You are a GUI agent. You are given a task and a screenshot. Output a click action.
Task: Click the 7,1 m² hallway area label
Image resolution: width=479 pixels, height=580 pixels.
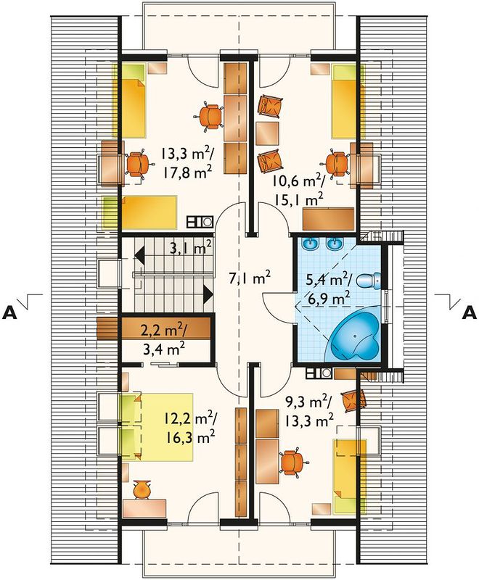(x=250, y=278)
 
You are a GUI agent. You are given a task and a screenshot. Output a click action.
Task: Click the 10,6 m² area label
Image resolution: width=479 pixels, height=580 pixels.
(x=298, y=182)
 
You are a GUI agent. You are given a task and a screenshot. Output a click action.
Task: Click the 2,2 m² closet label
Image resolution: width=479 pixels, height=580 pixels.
(x=164, y=329)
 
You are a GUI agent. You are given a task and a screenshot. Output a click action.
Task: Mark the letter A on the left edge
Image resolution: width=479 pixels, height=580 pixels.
(x=9, y=313)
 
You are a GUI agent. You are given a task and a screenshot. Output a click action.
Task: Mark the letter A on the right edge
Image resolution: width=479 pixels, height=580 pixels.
(x=470, y=313)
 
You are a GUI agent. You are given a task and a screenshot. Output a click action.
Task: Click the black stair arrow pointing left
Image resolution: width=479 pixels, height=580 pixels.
(x=139, y=255)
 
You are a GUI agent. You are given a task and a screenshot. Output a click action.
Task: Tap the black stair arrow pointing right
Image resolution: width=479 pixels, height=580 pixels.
(x=208, y=295)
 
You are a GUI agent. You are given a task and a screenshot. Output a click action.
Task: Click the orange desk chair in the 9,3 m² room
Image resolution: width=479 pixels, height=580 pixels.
(x=293, y=461)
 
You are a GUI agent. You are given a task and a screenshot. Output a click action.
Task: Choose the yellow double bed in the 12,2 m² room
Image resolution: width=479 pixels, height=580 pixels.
(x=157, y=427)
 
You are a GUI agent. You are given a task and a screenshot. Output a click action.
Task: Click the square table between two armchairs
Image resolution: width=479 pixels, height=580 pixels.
(x=267, y=133)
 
